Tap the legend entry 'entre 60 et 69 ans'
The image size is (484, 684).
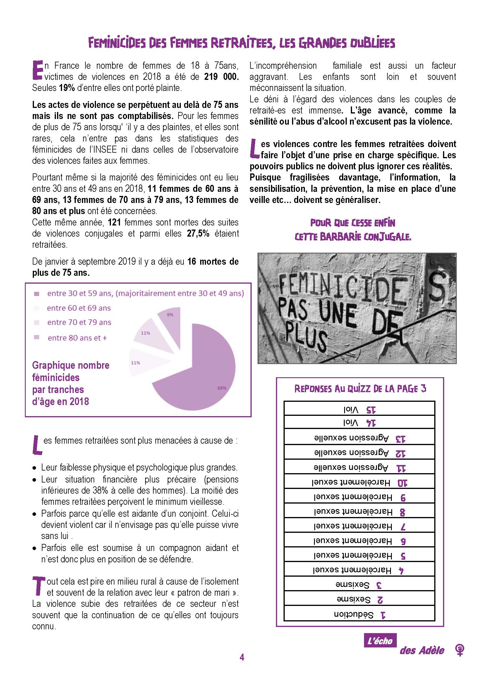(79, 308)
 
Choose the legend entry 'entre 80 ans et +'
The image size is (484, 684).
(77, 338)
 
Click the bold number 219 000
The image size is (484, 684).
(221, 77)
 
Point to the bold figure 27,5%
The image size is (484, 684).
(198, 233)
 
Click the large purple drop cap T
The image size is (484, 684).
(38, 586)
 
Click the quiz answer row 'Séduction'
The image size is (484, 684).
(359, 614)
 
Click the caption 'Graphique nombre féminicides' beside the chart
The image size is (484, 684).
(71, 371)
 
